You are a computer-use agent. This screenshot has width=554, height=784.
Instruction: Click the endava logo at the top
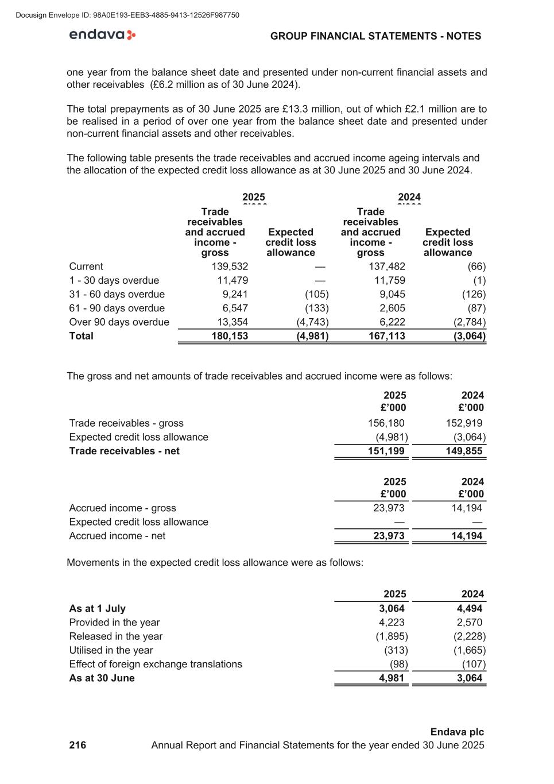click(102, 35)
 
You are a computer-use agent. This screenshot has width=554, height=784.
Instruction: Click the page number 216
click(78, 745)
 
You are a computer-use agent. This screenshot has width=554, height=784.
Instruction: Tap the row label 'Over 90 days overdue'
click(119, 322)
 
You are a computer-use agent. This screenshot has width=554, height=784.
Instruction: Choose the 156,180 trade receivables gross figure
click(386, 423)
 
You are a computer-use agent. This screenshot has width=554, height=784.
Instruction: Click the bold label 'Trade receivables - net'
click(124, 451)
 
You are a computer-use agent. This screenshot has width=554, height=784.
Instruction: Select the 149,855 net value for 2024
click(464, 451)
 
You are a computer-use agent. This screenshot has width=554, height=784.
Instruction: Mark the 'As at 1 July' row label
click(97, 608)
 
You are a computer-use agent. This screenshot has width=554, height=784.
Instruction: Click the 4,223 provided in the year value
click(392, 622)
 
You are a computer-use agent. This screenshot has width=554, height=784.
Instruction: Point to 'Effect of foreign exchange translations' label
click(155, 664)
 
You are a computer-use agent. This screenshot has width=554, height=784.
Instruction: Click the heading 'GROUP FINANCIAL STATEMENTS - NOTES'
click(375, 36)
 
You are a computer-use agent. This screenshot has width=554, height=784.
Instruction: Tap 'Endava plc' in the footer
click(457, 732)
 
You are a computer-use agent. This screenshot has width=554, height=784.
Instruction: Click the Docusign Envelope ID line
click(127, 15)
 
